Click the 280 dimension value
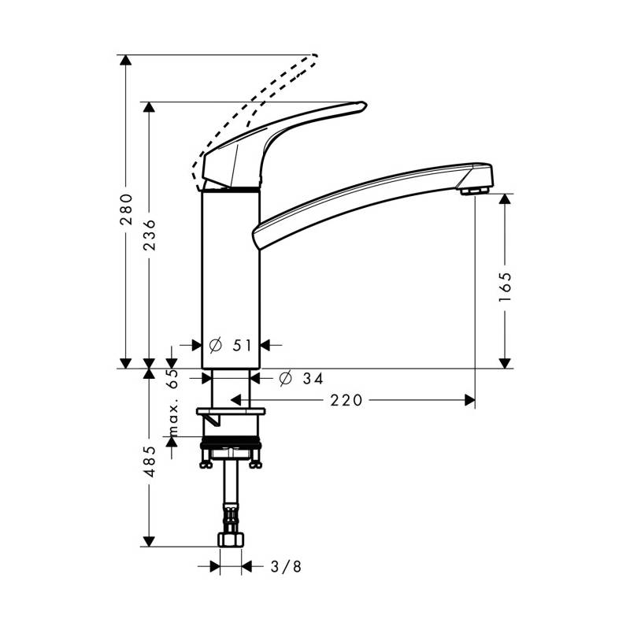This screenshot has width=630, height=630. click(x=126, y=209)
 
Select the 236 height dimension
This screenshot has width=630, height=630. click(x=149, y=235)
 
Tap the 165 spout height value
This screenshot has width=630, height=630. click(x=505, y=287)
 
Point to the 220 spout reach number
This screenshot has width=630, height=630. click(x=346, y=400)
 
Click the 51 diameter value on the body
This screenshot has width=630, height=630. click(x=243, y=345)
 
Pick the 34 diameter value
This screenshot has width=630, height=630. click(x=313, y=378)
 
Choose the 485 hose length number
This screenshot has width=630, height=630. click(x=150, y=461)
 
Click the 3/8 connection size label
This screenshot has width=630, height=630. click(x=286, y=566)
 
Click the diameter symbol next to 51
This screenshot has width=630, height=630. click(x=216, y=345)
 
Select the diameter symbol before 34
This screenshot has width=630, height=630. click(x=285, y=378)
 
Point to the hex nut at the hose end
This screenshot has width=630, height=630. click(x=231, y=539)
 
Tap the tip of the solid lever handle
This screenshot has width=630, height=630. click(x=365, y=106)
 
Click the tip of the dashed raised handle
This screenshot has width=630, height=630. click(x=316, y=56)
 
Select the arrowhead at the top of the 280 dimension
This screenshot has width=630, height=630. click(x=126, y=60)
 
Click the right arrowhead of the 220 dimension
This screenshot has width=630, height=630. click(x=469, y=400)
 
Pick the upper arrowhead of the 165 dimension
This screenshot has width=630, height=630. click(x=505, y=199)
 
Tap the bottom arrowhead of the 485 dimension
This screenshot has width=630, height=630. click(x=149, y=541)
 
